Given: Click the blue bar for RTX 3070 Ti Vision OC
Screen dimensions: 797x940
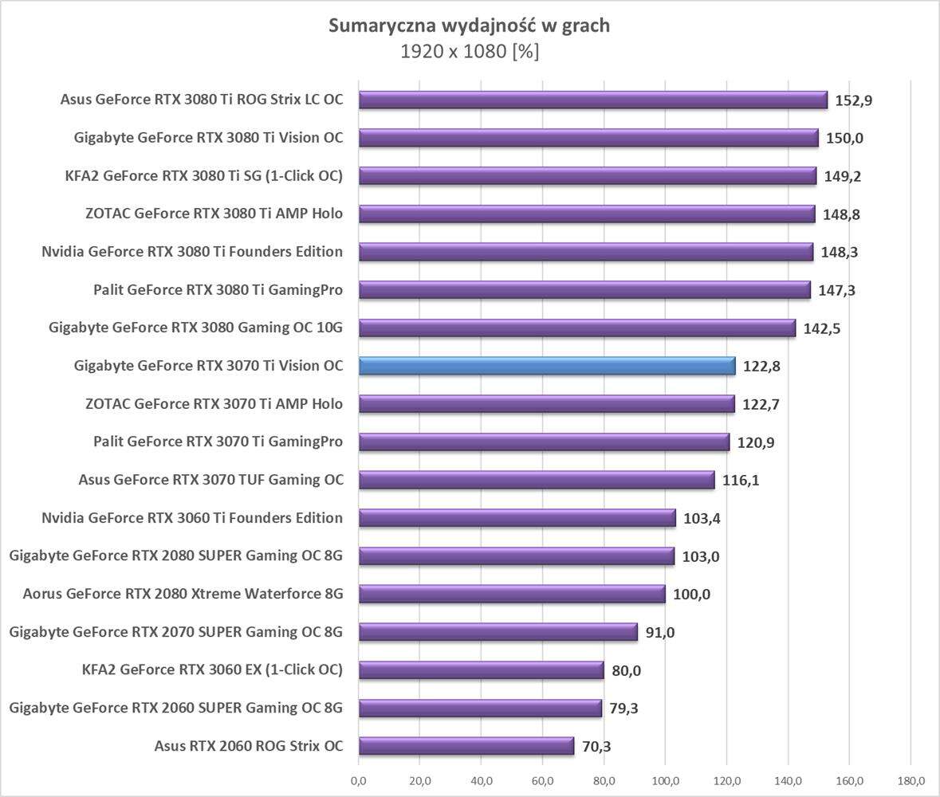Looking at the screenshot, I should tap(547, 366).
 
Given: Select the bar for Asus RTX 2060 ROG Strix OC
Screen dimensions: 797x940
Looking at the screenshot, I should tap(466, 746).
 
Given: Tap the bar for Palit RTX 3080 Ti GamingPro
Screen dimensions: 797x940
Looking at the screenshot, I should tap(584, 289).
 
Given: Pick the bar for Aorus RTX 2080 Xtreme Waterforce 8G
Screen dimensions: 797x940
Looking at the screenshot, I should tap(512, 594).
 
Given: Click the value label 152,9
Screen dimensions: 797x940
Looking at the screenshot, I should tap(854, 100).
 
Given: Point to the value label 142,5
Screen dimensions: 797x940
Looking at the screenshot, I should tap(822, 328).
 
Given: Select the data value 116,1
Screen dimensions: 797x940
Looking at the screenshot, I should tap(741, 481).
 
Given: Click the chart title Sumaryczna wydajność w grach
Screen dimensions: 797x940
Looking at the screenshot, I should tap(470, 26).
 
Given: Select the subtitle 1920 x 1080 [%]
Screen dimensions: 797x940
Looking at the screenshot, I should tap(470, 52).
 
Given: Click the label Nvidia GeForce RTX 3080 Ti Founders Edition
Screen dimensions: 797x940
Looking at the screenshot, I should tap(192, 252).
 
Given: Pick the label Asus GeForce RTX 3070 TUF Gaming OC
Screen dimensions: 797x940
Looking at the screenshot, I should tap(210, 480).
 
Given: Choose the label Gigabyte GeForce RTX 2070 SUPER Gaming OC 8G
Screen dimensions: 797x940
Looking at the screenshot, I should tap(176, 632).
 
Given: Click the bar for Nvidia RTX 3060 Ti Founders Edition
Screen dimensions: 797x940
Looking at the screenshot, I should tap(517, 518).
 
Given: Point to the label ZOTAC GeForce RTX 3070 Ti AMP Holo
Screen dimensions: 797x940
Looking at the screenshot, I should tap(214, 404).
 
